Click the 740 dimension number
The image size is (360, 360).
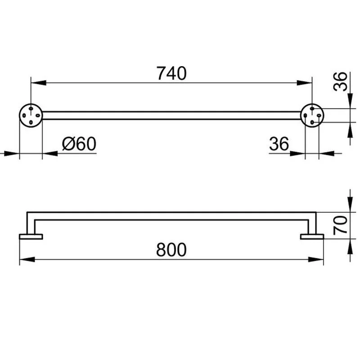171,73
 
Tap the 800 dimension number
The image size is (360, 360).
171,250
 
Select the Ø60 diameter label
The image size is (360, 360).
79,144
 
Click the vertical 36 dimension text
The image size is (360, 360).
340,81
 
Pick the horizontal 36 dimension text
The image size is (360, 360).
279,144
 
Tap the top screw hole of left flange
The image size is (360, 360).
31,108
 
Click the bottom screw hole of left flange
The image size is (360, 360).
31,122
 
